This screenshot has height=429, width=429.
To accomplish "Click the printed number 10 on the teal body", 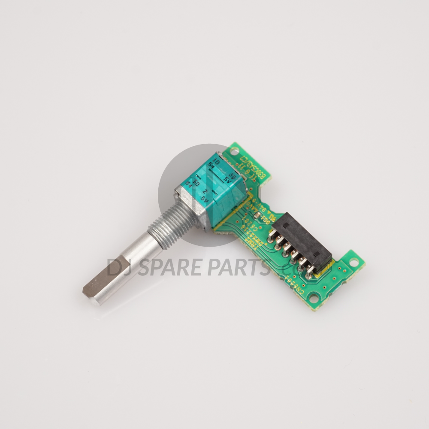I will coord(217,163).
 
